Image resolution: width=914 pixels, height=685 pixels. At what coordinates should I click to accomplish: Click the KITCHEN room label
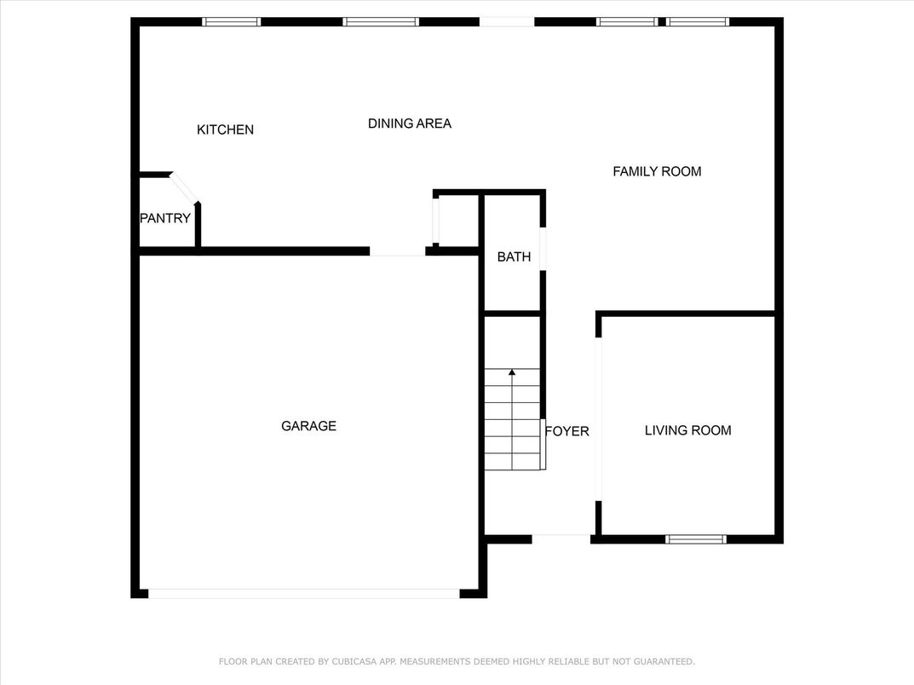tap(225, 130)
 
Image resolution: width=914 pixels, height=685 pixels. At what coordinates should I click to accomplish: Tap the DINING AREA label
tap(409, 124)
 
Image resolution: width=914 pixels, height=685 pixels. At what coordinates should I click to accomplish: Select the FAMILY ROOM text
tap(657, 171)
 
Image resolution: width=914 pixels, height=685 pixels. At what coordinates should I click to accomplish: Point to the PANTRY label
tap(165, 218)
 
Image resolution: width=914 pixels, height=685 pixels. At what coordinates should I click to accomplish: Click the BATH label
tap(514, 256)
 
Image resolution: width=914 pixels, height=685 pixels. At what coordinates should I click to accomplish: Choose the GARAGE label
tap(308, 426)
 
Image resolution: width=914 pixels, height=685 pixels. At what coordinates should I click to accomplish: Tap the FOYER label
tap(567, 431)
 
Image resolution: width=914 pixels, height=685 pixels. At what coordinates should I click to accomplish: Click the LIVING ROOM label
tap(687, 430)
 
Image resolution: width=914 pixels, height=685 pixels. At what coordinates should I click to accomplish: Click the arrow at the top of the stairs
tap(512, 372)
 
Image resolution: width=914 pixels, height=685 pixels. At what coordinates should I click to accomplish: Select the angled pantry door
tap(184, 188)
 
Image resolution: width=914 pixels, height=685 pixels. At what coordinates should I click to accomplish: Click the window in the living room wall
tap(695, 538)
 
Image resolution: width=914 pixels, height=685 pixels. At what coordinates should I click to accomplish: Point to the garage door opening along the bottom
tap(304, 593)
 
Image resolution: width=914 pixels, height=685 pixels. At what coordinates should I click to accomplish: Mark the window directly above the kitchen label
tap(231, 22)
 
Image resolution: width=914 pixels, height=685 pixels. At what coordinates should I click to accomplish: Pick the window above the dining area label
tap(381, 22)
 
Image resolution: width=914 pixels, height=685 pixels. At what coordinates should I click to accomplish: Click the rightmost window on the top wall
tap(698, 22)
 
